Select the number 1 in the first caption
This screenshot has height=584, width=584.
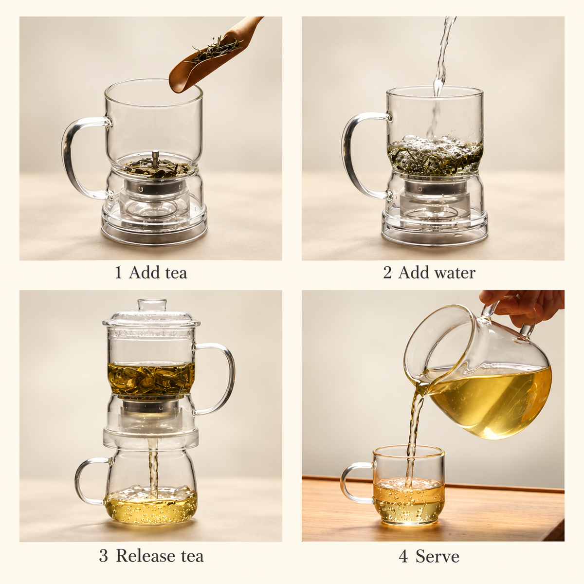[118, 273]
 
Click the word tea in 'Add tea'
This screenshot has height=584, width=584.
[176, 273]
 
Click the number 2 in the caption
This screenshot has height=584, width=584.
[387, 273]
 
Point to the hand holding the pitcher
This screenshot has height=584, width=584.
[528, 306]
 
